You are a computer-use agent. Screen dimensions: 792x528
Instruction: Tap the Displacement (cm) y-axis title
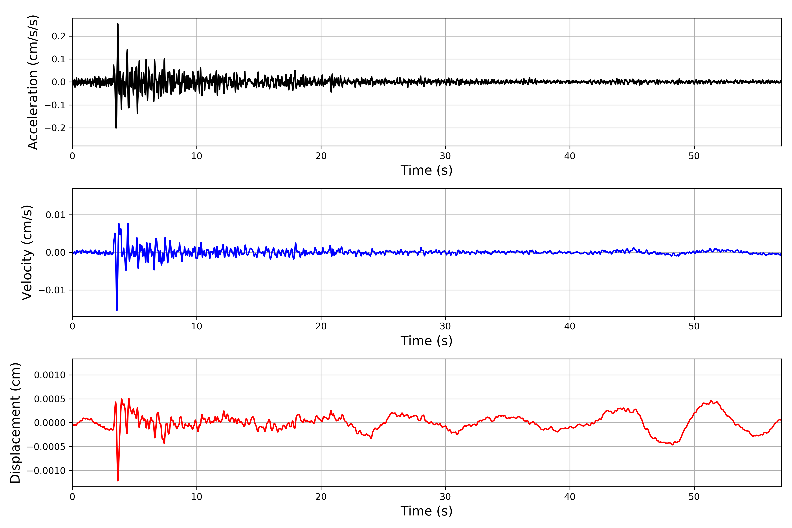[15, 423]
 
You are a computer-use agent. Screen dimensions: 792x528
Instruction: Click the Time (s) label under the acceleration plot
[426, 170]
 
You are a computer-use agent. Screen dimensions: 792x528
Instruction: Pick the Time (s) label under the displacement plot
[426, 511]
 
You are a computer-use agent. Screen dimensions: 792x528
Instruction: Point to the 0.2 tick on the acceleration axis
[59, 36]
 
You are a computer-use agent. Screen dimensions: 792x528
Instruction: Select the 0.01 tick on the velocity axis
[56, 215]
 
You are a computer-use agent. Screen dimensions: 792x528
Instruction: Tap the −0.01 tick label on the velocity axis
[52, 290]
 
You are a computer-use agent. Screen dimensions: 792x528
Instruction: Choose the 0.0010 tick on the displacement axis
[50, 375]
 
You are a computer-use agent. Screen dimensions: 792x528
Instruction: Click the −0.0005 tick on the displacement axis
[46, 447]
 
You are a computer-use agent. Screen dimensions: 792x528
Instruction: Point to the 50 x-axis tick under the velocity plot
[694, 326]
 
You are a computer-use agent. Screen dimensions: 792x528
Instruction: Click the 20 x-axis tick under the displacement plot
[321, 497]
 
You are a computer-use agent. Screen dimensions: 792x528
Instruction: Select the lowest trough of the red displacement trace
[118, 480]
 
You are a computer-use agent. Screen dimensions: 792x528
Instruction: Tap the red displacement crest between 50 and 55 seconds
[711, 401]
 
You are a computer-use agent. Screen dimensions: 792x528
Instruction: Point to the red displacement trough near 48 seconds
[673, 445]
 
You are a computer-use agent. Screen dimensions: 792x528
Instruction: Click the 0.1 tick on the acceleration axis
[59, 59]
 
